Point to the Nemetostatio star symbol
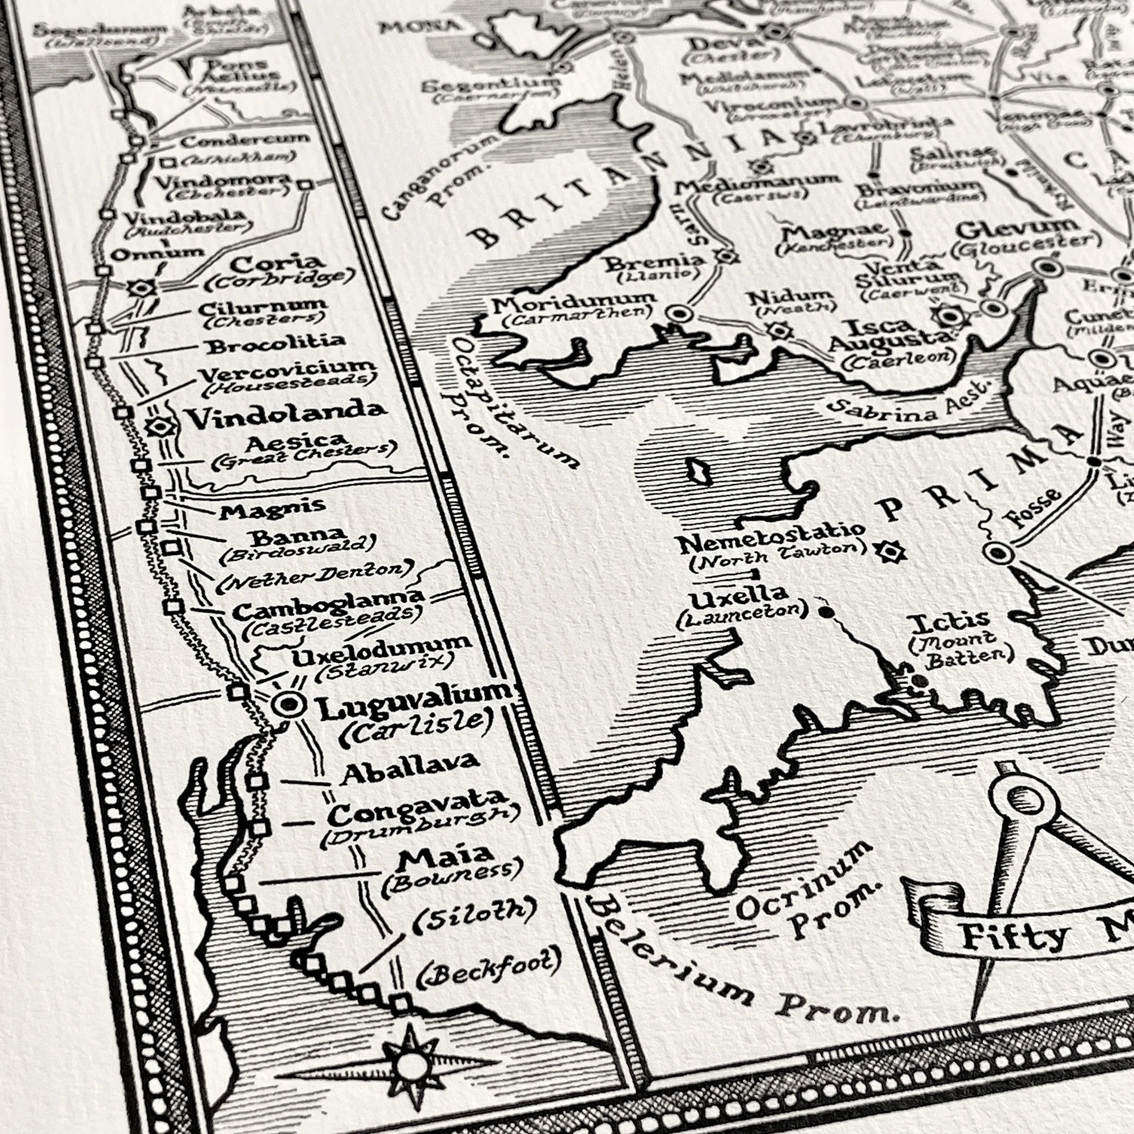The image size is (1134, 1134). click(x=889, y=551)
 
